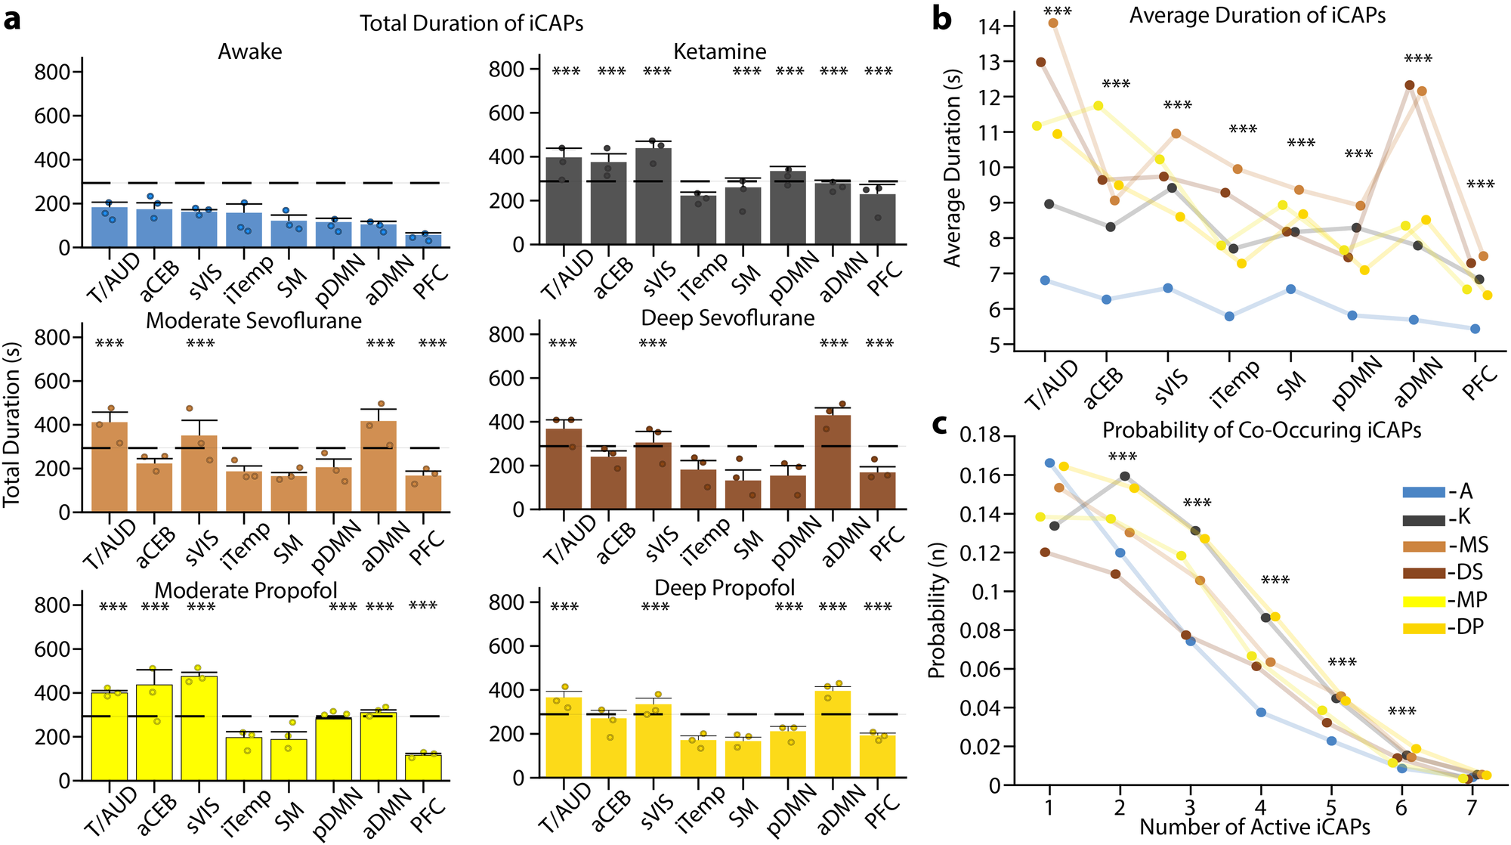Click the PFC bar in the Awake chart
pyautogui.click(x=424, y=240)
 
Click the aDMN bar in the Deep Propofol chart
pyautogui.click(x=833, y=734)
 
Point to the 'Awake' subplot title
pyautogui.click(x=250, y=51)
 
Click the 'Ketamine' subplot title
pyautogui.click(x=719, y=51)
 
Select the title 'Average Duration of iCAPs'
pyautogui.click(x=1257, y=15)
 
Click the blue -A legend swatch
pyautogui.click(x=1424, y=492)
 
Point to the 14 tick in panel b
pyautogui.click(x=989, y=26)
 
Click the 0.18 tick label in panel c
pyautogui.click(x=980, y=435)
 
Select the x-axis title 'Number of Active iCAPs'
pyautogui.click(x=1254, y=827)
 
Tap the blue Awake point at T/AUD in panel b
pyautogui.click(x=1045, y=280)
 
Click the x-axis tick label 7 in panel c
pyautogui.click(x=1471, y=808)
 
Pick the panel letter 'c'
pyautogui.click(x=940, y=424)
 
